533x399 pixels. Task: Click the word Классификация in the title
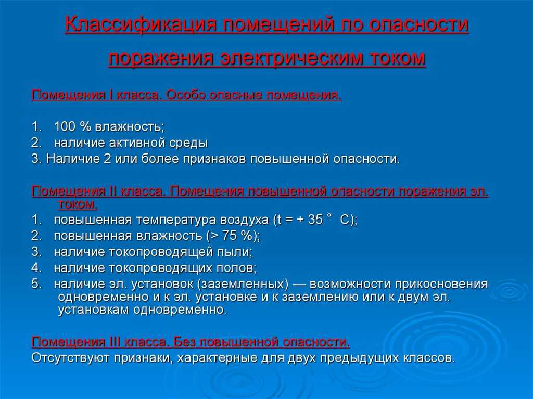pyautogui.click(x=141, y=25)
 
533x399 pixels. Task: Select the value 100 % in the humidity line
pyautogui.click(x=72, y=126)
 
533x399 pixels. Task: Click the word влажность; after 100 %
pyautogui.click(x=130, y=127)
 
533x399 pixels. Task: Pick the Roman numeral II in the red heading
pyautogui.click(x=113, y=191)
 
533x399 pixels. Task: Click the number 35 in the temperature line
pyautogui.click(x=315, y=220)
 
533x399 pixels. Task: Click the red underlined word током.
pyautogui.click(x=78, y=204)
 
